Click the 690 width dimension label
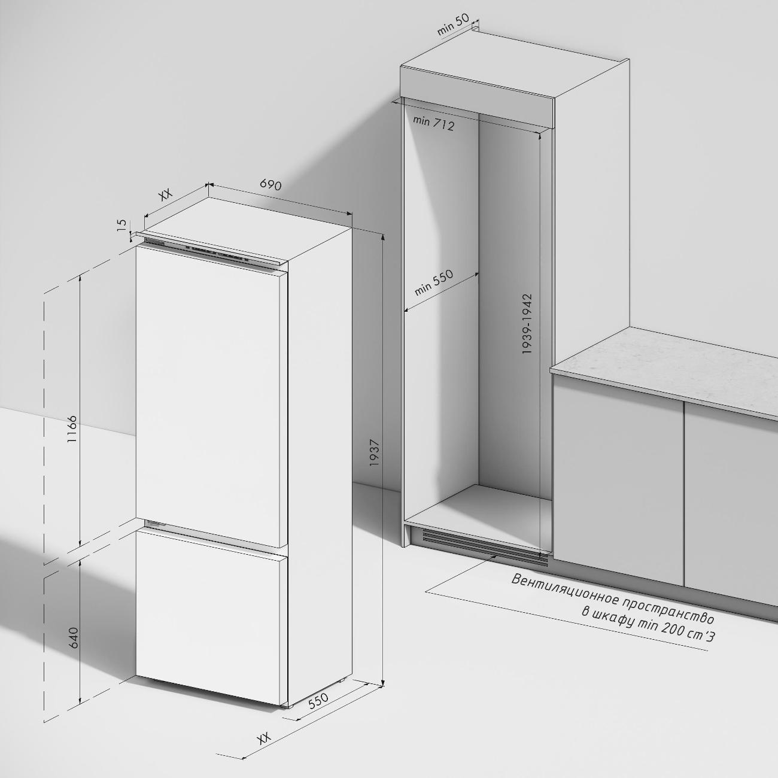tap(271, 184)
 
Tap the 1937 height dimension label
tap(375, 453)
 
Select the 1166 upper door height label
tap(72, 429)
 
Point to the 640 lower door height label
tap(74, 639)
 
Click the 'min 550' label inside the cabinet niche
tap(434, 282)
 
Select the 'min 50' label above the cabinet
tap(454, 25)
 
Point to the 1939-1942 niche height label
tap(527, 324)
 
